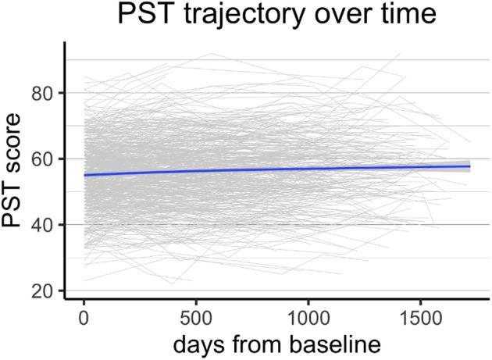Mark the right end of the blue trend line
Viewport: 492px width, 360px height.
tap(469, 166)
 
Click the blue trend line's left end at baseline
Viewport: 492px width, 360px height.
tap(84, 175)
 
